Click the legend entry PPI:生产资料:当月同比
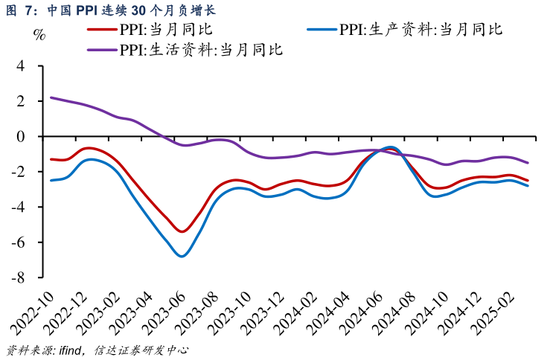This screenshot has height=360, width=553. pos(421,30)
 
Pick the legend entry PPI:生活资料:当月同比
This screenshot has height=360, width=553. pos(200,50)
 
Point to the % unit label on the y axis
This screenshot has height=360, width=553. pos(40,35)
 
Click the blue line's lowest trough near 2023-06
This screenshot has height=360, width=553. pos(182,256)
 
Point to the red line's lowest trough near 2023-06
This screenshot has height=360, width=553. pos(182,231)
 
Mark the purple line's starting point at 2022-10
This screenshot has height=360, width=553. pos(51,97)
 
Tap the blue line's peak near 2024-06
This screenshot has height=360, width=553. pos(391,147)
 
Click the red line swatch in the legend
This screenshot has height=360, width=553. pos(102,30)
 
